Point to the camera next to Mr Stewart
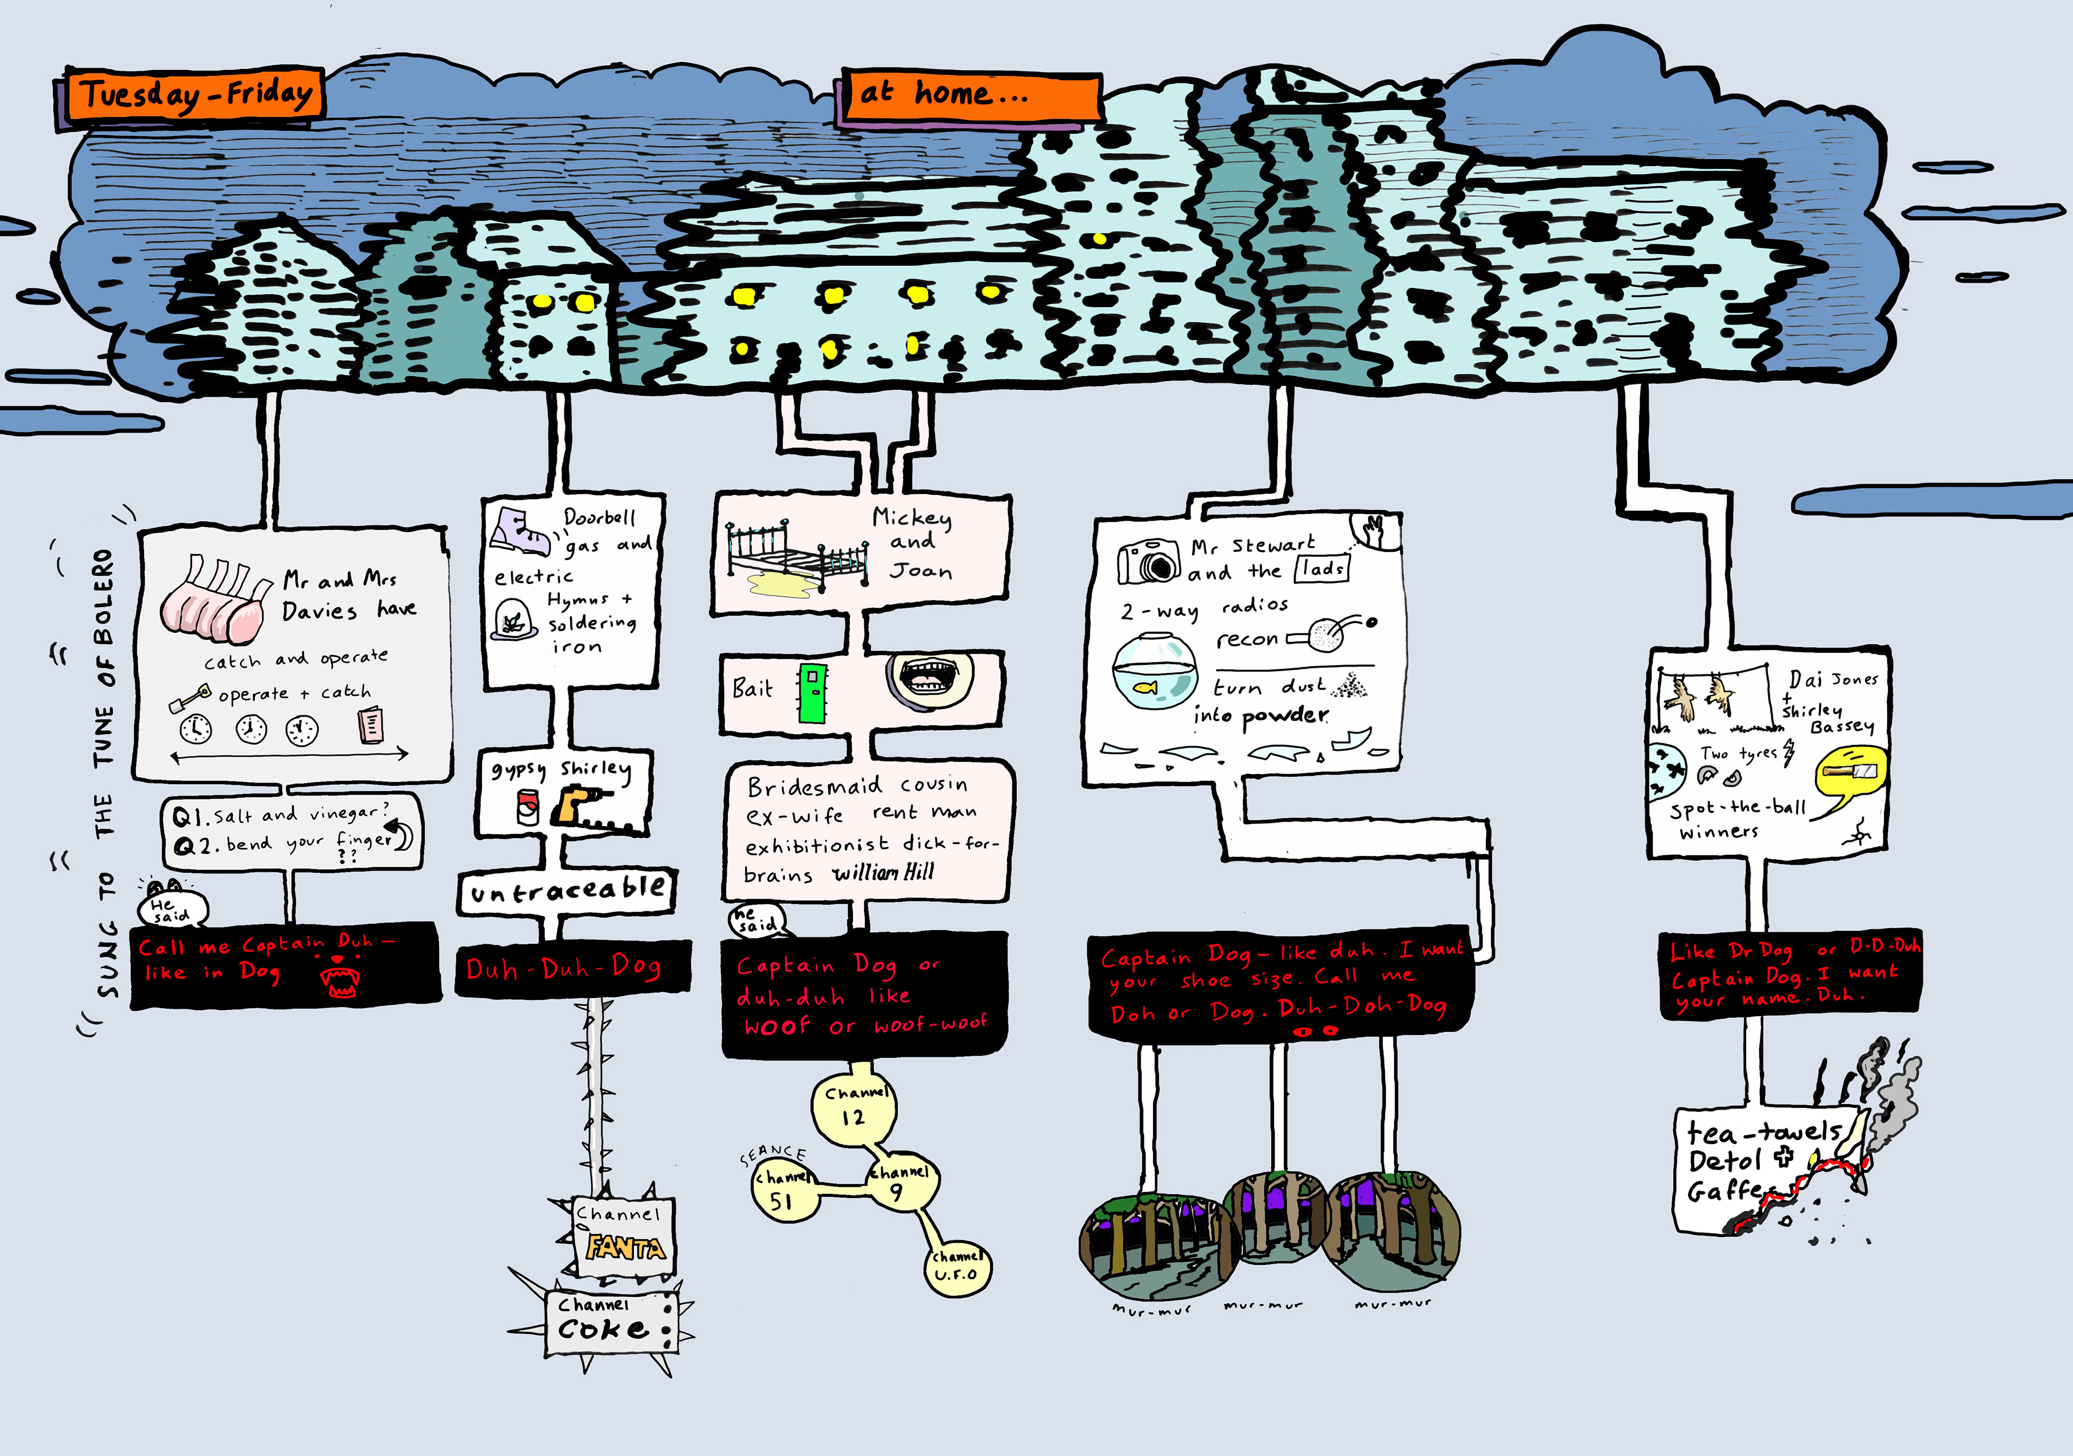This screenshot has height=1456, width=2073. [1148, 561]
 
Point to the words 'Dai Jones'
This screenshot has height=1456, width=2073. [1833, 679]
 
